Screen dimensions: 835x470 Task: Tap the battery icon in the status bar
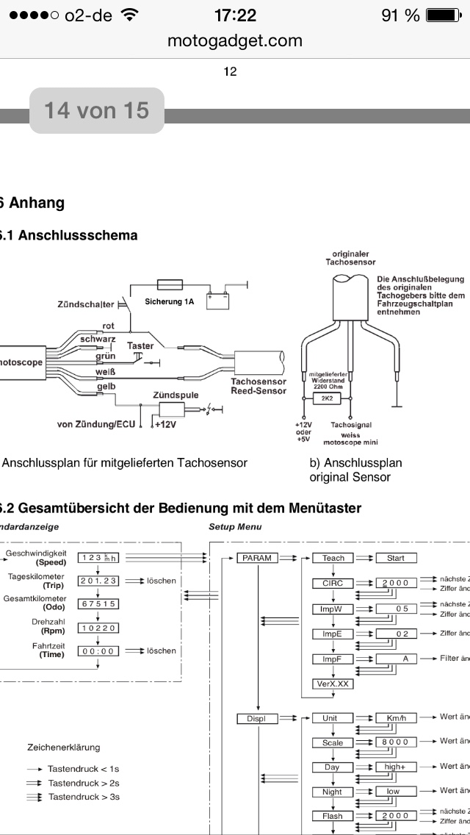point(441,15)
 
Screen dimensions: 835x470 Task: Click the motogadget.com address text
point(235,40)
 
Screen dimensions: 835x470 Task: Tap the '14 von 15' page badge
point(96,111)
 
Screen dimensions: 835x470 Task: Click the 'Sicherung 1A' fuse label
point(170,301)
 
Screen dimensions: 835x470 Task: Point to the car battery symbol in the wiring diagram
point(217,301)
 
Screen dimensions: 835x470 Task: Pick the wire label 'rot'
point(108,326)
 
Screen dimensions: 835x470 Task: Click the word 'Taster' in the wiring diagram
point(140,345)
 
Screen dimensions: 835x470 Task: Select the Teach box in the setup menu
point(333,558)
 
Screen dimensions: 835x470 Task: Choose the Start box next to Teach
point(395,558)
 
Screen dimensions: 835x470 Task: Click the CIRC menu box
point(333,583)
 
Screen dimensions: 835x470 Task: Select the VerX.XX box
point(333,684)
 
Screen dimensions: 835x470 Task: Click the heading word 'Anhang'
point(37,203)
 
